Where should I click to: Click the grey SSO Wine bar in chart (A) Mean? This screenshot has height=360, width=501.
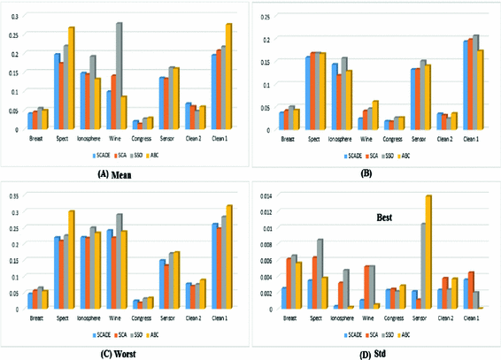tap(119, 77)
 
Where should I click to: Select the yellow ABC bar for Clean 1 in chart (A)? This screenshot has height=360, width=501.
tap(228, 77)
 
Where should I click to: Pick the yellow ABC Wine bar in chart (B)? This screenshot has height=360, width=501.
tap(375, 115)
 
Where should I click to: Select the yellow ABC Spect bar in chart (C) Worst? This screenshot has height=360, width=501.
tap(71, 259)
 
